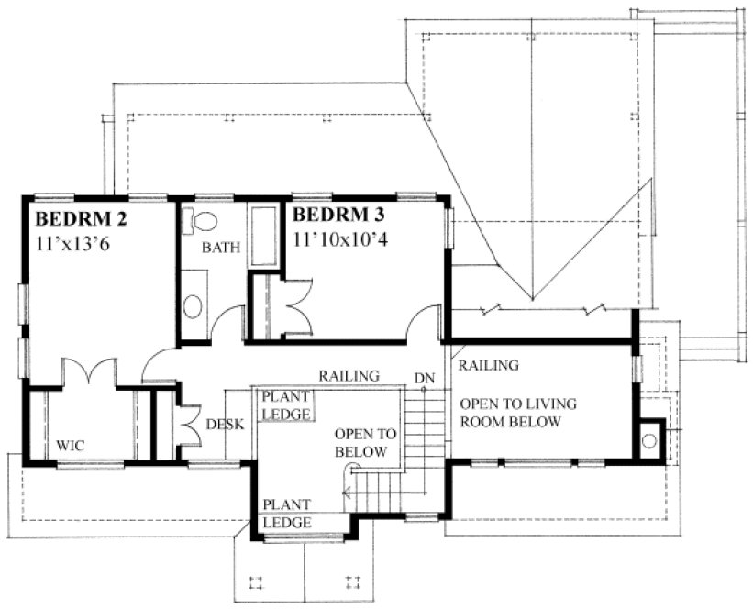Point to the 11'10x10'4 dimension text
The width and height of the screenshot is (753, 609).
pos(342,238)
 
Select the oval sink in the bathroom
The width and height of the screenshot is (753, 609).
pos(194,306)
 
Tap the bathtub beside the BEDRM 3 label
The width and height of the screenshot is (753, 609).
pos(265,237)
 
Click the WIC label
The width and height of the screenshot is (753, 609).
pos(71,446)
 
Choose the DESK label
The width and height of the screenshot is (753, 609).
pos(224,425)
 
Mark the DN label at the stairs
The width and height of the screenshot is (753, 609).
pos(424,377)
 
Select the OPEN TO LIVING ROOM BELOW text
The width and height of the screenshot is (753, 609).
pos(510,413)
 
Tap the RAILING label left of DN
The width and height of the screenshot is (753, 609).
pos(349,376)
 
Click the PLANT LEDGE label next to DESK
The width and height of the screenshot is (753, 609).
pos(287,404)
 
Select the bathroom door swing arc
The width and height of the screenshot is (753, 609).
pos(227,321)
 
